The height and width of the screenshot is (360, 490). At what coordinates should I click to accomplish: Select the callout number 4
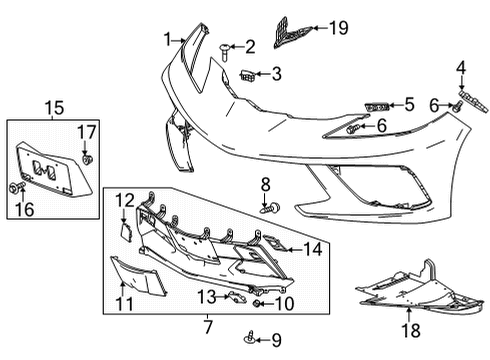click(x=461, y=68)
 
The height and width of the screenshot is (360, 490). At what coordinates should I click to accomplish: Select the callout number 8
click(x=266, y=183)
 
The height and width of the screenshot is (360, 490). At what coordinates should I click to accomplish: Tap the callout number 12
click(x=123, y=200)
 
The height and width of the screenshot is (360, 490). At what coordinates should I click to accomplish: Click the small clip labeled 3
click(x=247, y=73)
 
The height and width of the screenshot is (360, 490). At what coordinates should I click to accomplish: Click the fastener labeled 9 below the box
click(x=248, y=341)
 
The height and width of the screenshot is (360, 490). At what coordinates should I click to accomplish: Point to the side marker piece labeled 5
click(x=377, y=105)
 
